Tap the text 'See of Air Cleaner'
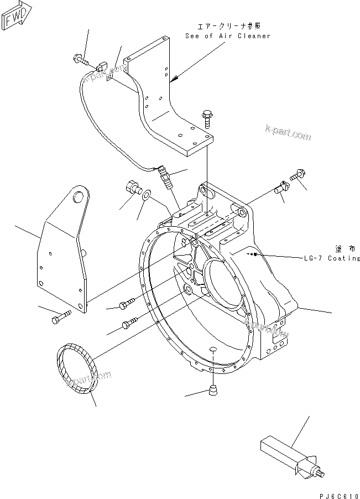pyautogui.click(x=228, y=36)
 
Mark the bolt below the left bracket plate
pyautogui.click(x=60, y=319)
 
